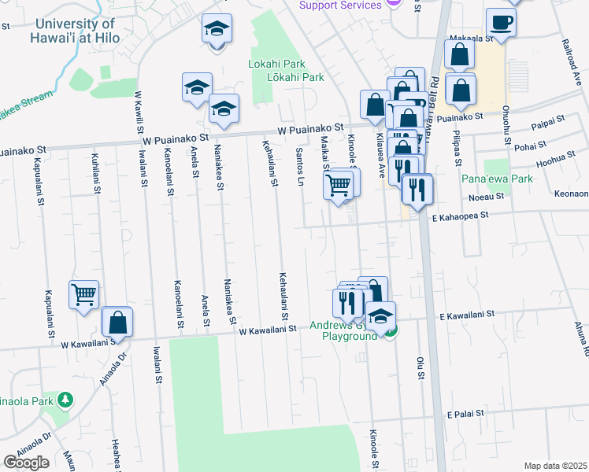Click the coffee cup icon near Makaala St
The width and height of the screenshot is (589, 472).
coord(501,22)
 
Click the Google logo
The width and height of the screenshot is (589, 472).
coord(26,463)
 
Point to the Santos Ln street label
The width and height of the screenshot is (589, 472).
coord(300,162)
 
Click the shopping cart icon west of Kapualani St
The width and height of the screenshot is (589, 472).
coord(83,295)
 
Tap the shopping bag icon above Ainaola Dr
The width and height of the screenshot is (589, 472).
coord(117,322)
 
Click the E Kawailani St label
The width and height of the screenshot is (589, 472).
coord(467,314)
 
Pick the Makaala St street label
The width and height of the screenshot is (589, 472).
coord(471,38)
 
